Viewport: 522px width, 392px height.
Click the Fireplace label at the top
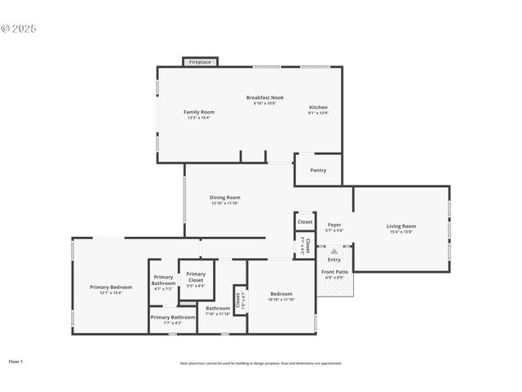click(x=200, y=62)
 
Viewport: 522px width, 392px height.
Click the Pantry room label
click(x=318, y=170)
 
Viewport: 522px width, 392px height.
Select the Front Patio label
click(x=334, y=274)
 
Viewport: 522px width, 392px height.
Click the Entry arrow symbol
click(x=334, y=252)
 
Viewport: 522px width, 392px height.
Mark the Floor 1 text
click(x=16, y=361)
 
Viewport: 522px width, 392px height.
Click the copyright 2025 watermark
click(x=19, y=29)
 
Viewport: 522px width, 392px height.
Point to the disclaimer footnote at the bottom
click(x=261, y=363)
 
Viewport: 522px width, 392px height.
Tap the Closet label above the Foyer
click(x=305, y=221)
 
